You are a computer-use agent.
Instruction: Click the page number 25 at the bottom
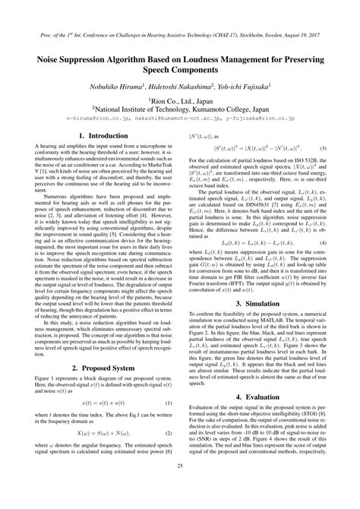pyautogui.click(x=180, y=487)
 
